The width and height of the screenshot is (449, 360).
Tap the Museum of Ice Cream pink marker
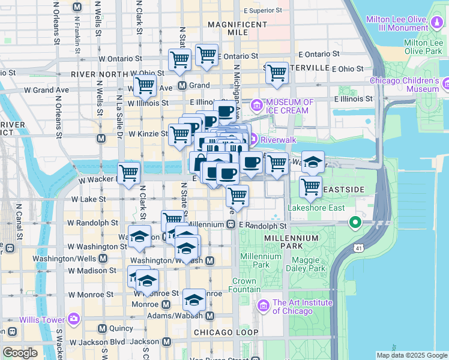point(257,106)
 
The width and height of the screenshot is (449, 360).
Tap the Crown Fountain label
point(244,285)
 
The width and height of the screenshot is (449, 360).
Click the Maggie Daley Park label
point(309,264)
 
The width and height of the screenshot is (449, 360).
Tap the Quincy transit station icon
point(102,328)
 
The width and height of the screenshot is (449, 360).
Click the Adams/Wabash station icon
point(210,316)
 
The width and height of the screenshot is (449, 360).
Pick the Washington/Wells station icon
point(103,259)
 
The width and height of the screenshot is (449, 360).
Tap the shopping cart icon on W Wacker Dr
point(128,172)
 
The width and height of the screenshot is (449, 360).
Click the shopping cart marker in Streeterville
point(276,73)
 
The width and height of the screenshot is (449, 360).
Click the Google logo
point(19,353)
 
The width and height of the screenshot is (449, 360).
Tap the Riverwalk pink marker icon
point(253,139)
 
